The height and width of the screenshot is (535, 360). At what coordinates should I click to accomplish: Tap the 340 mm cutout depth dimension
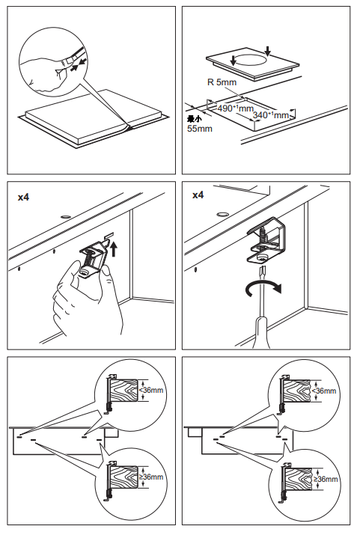[x=270, y=115]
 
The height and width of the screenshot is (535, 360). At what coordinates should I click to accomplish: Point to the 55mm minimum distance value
[x=199, y=129]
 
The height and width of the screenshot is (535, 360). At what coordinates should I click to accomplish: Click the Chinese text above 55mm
[x=195, y=118]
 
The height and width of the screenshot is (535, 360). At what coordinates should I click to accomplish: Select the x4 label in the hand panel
[x=24, y=198]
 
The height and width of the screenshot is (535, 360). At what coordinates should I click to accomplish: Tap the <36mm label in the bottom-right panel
[x=326, y=391]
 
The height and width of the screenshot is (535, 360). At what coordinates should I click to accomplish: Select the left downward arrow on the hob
[x=234, y=60]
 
